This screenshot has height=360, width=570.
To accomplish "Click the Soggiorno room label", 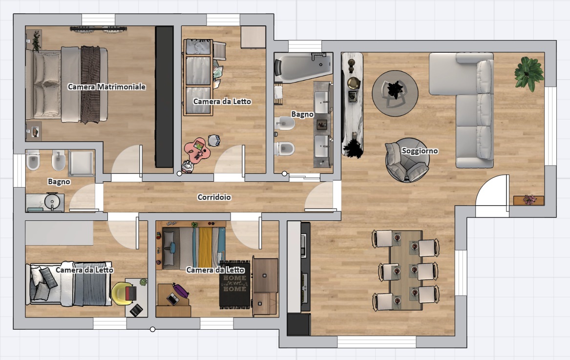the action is [x=420, y=150].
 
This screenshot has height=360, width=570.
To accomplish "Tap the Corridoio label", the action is [x=214, y=197].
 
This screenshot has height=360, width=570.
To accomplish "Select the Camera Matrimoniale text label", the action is [x=106, y=86].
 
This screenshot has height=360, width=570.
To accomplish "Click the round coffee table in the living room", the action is [x=395, y=93].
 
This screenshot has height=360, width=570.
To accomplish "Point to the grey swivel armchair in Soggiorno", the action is [x=407, y=160].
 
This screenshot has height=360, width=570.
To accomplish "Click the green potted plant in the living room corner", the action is [x=529, y=73].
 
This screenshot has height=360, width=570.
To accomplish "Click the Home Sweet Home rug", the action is [x=235, y=284].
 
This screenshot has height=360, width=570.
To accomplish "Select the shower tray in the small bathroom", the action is [x=81, y=163].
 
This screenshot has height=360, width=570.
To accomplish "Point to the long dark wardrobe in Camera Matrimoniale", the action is [x=164, y=97].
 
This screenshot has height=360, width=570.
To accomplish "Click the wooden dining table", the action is [x=406, y=270].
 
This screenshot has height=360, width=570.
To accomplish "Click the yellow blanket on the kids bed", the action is [x=205, y=248].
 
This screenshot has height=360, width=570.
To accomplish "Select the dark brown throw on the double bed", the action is [x=90, y=85].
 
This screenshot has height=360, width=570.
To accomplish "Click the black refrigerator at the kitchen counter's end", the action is [x=298, y=324].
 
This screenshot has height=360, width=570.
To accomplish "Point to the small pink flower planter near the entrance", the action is [x=529, y=200].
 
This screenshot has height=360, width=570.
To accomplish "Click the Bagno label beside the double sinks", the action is [x=302, y=114].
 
